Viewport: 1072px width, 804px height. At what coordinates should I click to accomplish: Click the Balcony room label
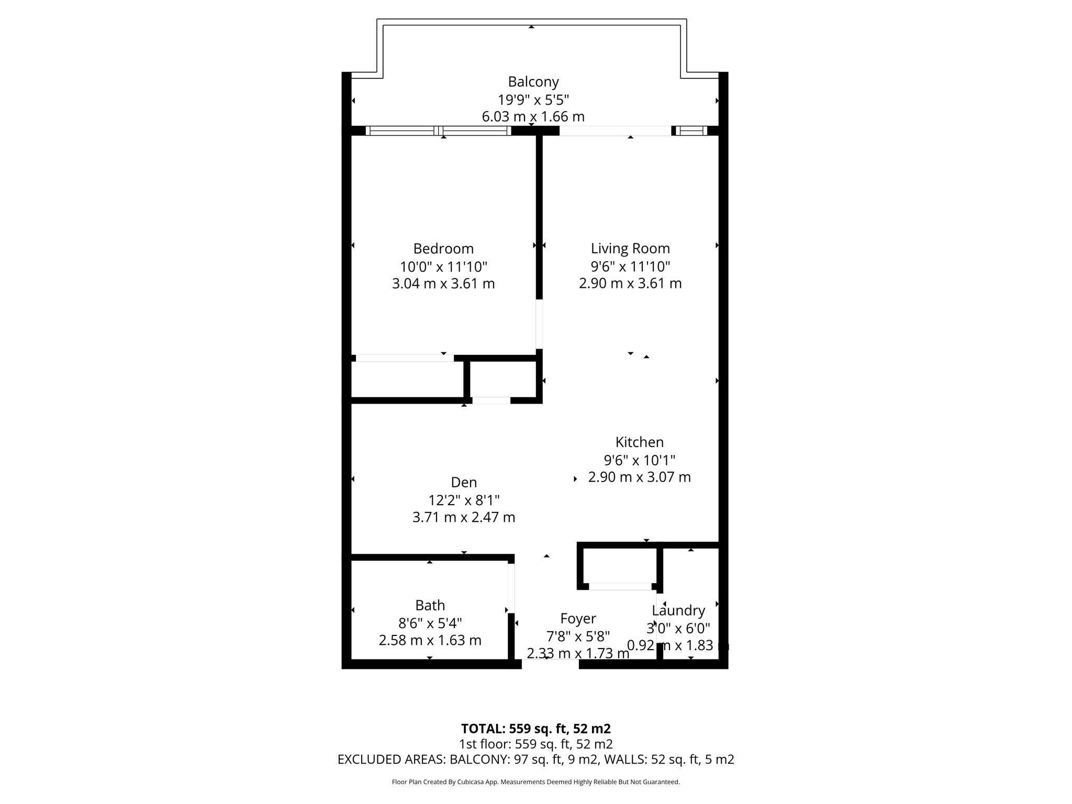(x=533, y=82)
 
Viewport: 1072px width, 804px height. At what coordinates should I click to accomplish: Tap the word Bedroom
(x=443, y=249)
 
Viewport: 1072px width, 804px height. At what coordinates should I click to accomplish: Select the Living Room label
(x=630, y=248)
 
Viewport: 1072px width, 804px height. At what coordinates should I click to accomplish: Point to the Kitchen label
(x=639, y=442)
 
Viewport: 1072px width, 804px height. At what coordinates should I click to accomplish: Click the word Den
(x=464, y=482)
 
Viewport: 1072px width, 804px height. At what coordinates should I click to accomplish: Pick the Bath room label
(x=430, y=606)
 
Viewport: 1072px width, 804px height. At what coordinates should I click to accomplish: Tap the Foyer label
(x=578, y=619)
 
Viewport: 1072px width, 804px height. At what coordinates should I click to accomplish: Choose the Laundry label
(x=678, y=610)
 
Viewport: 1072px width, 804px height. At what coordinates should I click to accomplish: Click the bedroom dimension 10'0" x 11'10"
(x=443, y=266)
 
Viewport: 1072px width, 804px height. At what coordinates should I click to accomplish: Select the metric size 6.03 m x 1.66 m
(x=533, y=117)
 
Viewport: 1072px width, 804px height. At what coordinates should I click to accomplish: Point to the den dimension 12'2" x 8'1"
(x=464, y=500)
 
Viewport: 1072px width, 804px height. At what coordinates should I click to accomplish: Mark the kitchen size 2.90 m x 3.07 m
(x=639, y=477)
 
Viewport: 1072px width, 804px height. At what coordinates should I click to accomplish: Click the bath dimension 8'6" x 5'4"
(x=430, y=623)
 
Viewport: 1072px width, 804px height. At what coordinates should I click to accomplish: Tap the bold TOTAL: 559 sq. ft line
(x=535, y=729)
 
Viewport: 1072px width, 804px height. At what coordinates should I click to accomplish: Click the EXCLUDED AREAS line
(x=535, y=760)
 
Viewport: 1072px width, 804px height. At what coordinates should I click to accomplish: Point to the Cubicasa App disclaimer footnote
(x=535, y=782)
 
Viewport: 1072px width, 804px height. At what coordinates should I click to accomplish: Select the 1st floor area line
(x=535, y=744)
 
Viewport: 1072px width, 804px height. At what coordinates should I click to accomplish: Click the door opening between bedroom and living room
(x=539, y=324)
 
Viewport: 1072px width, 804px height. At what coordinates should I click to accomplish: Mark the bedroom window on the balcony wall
(x=439, y=131)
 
